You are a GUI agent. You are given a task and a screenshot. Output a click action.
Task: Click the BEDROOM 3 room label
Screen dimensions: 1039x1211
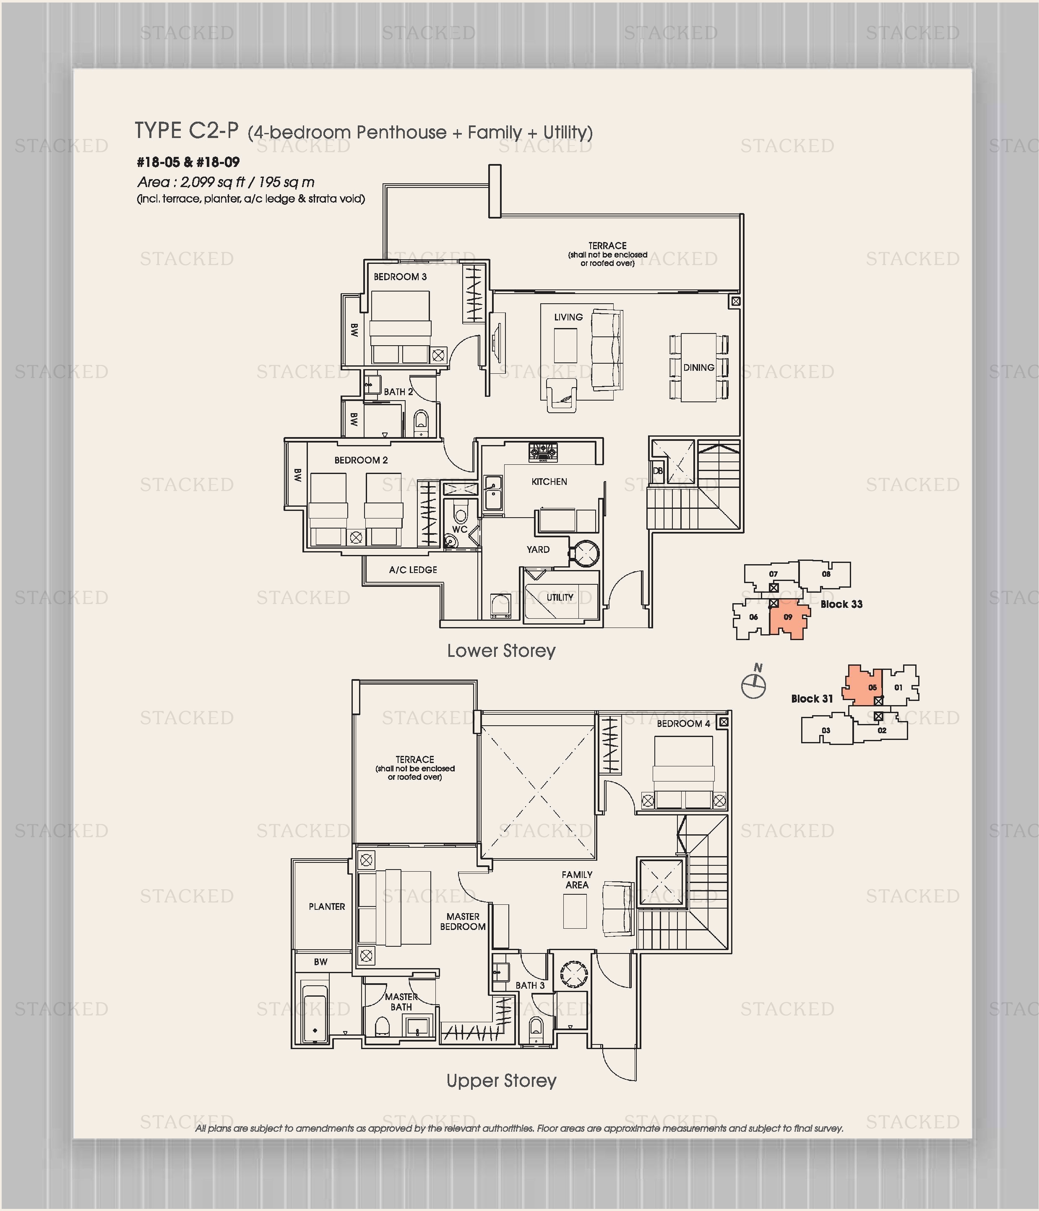click(x=400, y=276)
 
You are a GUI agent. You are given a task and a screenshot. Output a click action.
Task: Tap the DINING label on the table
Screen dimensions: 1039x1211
click(x=698, y=367)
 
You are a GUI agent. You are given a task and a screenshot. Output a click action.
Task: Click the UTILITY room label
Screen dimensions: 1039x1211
click(x=560, y=597)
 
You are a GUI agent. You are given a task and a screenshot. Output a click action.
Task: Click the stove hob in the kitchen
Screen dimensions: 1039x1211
click(x=543, y=452)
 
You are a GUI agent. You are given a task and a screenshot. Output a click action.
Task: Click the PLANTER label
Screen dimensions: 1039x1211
click(x=327, y=906)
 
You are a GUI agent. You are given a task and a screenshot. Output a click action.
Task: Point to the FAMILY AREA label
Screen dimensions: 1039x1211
click(x=577, y=880)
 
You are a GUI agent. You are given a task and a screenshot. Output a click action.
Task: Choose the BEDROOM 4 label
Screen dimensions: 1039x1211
click(x=683, y=724)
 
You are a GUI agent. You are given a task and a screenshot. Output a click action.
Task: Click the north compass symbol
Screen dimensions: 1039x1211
click(x=754, y=685)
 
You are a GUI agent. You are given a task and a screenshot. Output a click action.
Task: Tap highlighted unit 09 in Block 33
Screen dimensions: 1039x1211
click(x=788, y=618)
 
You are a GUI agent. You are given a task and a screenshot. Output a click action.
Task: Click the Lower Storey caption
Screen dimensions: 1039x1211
click(x=501, y=651)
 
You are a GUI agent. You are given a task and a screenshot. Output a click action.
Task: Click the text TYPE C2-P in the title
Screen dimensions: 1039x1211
click(x=186, y=131)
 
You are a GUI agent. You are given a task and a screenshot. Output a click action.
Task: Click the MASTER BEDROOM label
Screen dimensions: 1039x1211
click(x=463, y=922)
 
